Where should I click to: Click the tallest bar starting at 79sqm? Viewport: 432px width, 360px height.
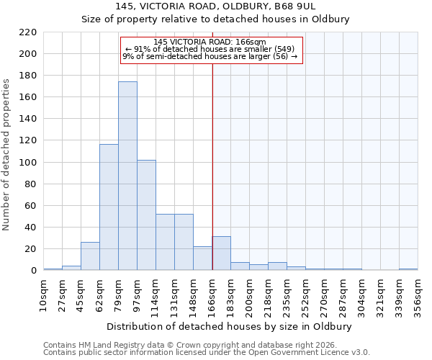tap(127, 176)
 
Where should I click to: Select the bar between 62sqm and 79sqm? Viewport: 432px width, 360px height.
tap(109, 207)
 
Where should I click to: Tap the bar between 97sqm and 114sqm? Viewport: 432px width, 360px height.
tap(146, 215)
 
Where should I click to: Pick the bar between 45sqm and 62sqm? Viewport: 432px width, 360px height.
tap(90, 256)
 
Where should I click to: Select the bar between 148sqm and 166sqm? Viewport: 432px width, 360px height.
tap(202, 258)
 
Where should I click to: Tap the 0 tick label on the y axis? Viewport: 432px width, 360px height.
tap(33, 271)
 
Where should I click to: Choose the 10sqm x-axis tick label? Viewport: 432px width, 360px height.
tap(44, 294)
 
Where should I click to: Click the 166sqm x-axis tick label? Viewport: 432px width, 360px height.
tap(212, 294)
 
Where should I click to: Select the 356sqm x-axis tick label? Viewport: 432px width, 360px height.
tap(418, 294)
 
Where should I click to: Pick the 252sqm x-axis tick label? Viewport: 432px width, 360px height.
tap(306, 294)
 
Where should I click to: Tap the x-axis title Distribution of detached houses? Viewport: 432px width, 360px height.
tap(230, 326)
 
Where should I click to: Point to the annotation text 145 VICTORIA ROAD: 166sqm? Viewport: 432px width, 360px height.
tap(210, 42)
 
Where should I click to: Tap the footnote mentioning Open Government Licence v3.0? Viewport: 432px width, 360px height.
tap(207, 352)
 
